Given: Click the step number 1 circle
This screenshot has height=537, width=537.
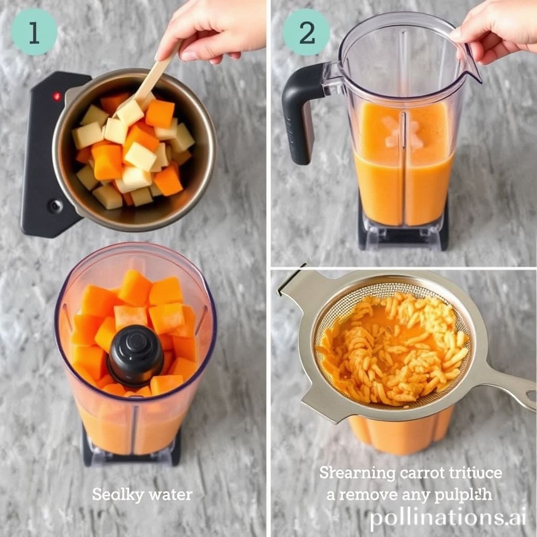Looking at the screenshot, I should pyautogui.click(x=34, y=32).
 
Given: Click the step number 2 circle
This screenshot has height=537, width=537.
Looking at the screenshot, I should pyautogui.click(x=306, y=32).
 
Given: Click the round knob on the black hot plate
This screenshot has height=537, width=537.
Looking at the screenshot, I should pyautogui.click(x=55, y=206).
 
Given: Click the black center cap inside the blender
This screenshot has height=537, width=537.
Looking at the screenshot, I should pyautogui.click(x=135, y=355).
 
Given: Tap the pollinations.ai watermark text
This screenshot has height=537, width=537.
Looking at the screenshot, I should pyautogui.click(x=447, y=518).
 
